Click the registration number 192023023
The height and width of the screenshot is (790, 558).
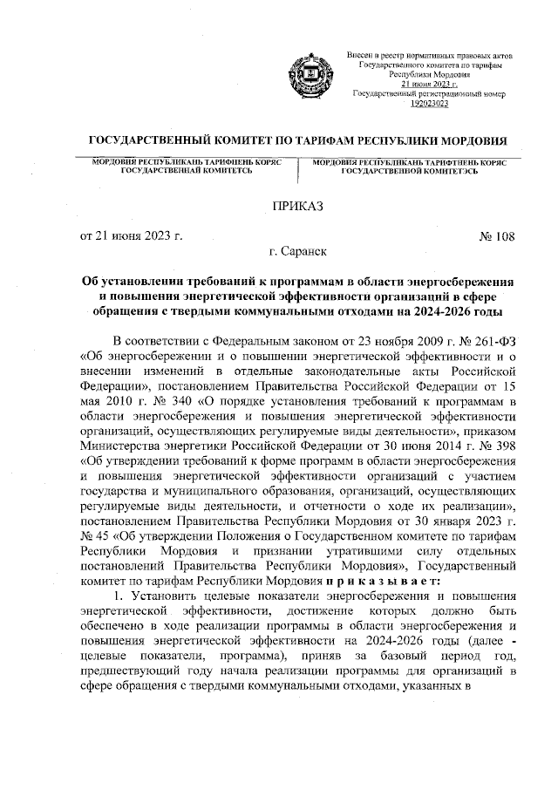click(429, 103)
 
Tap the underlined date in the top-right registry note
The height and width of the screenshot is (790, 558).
click(429, 84)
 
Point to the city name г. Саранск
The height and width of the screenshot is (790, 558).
click(298, 253)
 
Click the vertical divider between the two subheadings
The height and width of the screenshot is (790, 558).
click(299, 171)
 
